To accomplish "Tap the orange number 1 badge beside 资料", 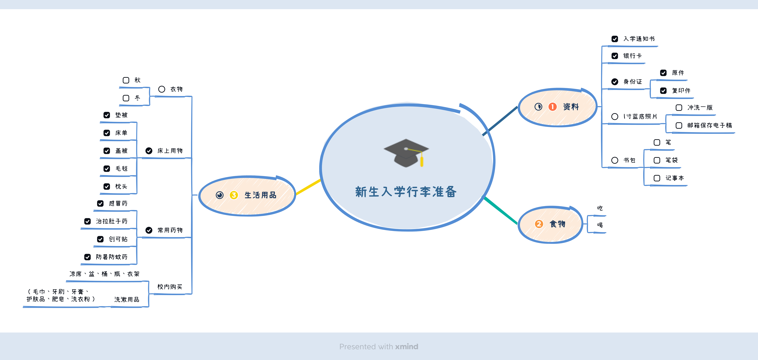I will pos(552,107).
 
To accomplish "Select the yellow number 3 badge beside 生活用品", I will pos(234,195).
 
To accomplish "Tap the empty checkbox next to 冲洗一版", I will pos(679,108).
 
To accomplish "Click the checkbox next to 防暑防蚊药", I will pos(87,257).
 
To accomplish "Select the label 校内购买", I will pos(170,287).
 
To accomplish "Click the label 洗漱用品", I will pos(127,299).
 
